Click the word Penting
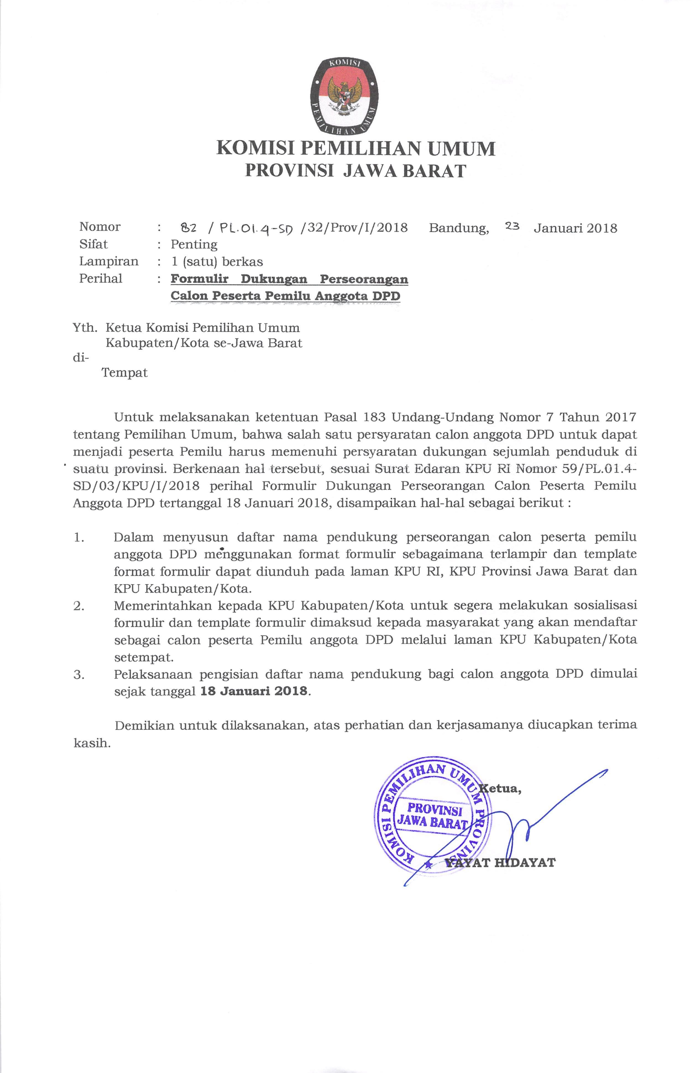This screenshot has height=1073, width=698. (194, 245)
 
